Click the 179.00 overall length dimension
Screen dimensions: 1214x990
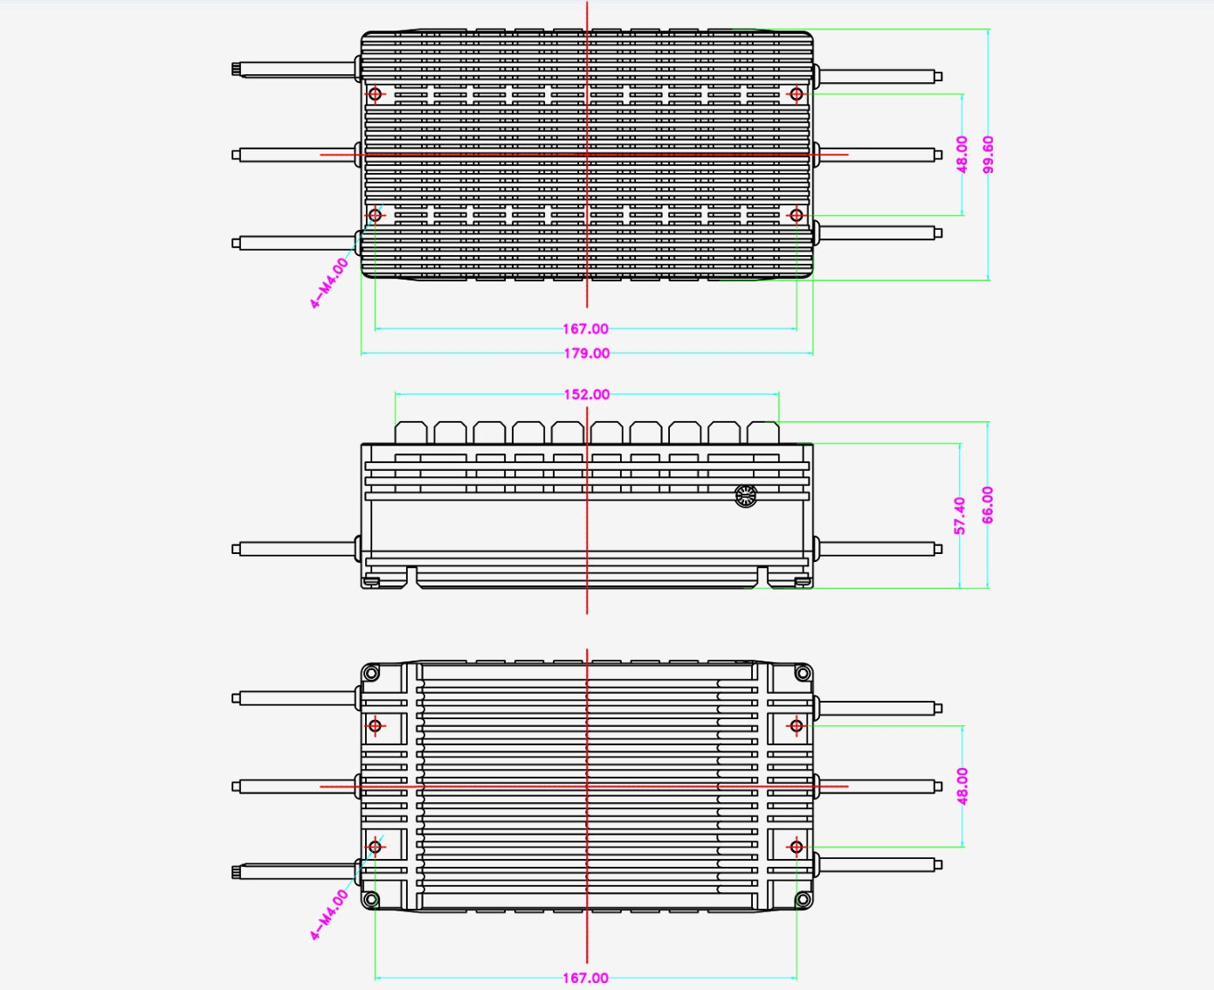(x=587, y=354)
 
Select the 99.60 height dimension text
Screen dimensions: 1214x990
(x=989, y=155)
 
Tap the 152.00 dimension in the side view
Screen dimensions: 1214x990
(x=587, y=395)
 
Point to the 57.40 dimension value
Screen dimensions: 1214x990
(x=960, y=516)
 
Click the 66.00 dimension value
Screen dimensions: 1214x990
(x=988, y=505)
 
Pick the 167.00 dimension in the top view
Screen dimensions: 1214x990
(x=585, y=329)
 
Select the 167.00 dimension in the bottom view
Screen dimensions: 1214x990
(x=585, y=979)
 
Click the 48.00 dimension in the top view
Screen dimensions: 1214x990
(x=962, y=155)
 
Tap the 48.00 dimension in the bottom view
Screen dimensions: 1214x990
(x=962, y=786)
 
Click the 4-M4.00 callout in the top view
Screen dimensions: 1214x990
(x=329, y=283)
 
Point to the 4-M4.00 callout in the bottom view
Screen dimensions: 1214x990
(x=329, y=915)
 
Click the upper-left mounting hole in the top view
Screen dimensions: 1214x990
(x=375, y=93)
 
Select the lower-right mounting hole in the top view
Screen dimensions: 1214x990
(x=797, y=216)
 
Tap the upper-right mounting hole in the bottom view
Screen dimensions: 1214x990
(x=797, y=726)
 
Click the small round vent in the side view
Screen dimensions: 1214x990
(x=746, y=495)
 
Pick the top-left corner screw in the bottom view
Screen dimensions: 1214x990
(x=371, y=673)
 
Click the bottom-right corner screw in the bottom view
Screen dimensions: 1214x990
(x=803, y=900)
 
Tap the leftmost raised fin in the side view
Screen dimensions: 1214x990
(x=411, y=433)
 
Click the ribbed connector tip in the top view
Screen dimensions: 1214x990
(x=236, y=70)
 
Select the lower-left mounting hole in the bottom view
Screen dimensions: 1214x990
(x=375, y=847)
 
